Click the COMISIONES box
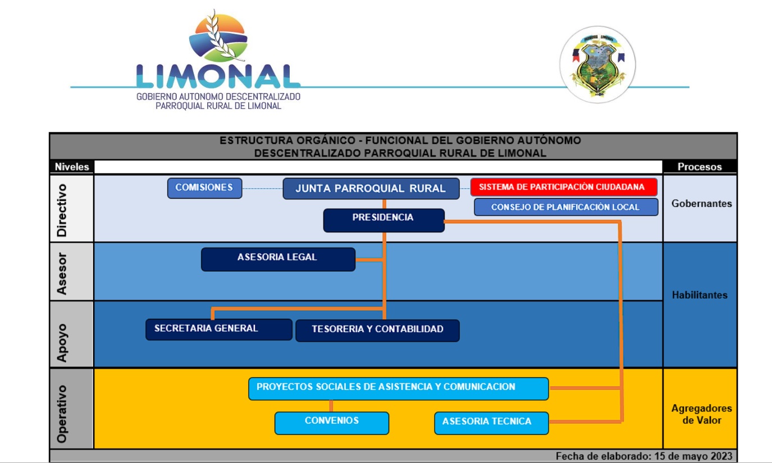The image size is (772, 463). pyautogui.click(x=204, y=188)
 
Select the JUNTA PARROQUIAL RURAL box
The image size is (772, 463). pyautogui.click(x=371, y=189)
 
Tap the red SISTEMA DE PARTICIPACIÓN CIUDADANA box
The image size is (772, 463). pyautogui.click(x=564, y=187)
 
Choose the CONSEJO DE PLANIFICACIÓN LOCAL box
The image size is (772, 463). pyautogui.click(x=565, y=207)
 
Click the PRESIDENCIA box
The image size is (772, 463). pyautogui.click(x=383, y=220)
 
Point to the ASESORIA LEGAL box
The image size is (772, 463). pyautogui.click(x=278, y=259)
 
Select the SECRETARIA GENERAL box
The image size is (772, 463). pyautogui.click(x=218, y=329)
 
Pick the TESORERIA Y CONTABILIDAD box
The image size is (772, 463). pyautogui.click(x=377, y=330)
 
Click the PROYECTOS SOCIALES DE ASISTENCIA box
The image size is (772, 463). pyautogui.click(x=398, y=388)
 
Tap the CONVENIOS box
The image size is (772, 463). pyautogui.click(x=331, y=423)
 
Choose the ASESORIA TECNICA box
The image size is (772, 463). pyautogui.click(x=491, y=423)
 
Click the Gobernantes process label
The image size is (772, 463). pyautogui.click(x=701, y=204)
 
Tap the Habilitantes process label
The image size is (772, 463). pyautogui.click(x=700, y=295)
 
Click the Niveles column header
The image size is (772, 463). pyautogui.click(x=72, y=167)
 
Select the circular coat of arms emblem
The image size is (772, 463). pyautogui.click(x=597, y=65)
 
